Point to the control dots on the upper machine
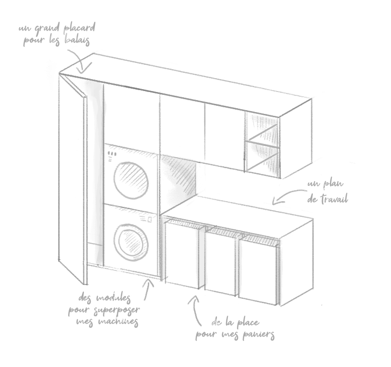(x=113, y=154)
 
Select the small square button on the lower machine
(x=150, y=219)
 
